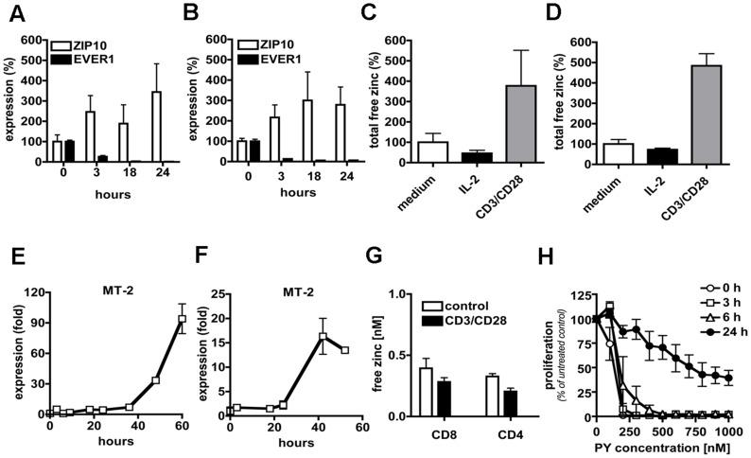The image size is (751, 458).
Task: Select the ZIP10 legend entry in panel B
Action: point(253,44)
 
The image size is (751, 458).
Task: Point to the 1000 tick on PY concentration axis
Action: point(725,429)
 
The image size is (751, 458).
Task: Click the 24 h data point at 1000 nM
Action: point(725,377)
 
